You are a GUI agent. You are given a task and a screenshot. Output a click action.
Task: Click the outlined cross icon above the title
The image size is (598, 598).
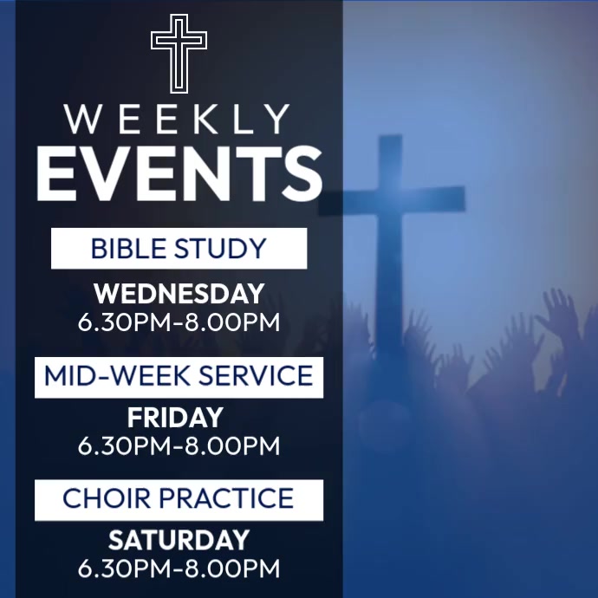179,53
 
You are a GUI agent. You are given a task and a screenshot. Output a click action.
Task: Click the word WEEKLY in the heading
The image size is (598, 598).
178,120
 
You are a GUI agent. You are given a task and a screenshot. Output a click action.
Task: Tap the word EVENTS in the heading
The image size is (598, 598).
179,173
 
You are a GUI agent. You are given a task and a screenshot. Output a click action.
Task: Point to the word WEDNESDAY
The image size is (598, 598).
179,294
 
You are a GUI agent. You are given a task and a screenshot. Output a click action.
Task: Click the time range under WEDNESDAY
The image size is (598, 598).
179,322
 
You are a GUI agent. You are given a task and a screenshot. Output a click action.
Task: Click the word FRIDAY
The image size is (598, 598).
175,419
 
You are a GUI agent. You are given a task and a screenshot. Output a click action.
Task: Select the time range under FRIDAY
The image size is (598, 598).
179,446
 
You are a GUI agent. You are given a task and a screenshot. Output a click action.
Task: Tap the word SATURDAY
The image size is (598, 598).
179,541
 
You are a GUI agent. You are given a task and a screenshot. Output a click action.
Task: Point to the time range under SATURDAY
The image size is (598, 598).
179,569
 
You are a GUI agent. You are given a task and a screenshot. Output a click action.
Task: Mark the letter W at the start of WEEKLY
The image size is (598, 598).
83,120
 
